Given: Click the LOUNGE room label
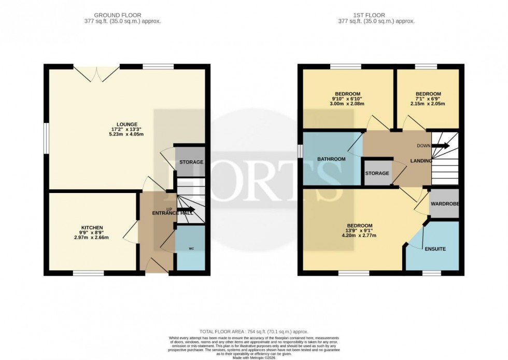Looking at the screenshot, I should pyautogui.click(x=126, y=124).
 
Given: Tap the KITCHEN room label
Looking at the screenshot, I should pyautogui.click(x=92, y=228).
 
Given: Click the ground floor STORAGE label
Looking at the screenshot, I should pyautogui.click(x=191, y=162).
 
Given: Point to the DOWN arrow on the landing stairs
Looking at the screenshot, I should pyautogui.click(x=441, y=146).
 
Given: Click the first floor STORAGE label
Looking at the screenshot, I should pyautogui.click(x=377, y=173).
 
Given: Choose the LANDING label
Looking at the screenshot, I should pyautogui.click(x=421, y=161).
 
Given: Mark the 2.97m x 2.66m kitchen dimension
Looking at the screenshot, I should pyautogui.click(x=92, y=238).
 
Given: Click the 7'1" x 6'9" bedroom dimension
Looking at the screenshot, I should pyautogui.click(x=428, y=99).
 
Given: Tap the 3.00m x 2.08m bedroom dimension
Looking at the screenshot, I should pyautogui.click(x=347, y=104).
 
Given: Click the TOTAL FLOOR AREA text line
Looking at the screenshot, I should pyautogui.click(x=254, y=330).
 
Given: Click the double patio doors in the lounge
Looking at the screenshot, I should pyautogui.click(x=96, y=73).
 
